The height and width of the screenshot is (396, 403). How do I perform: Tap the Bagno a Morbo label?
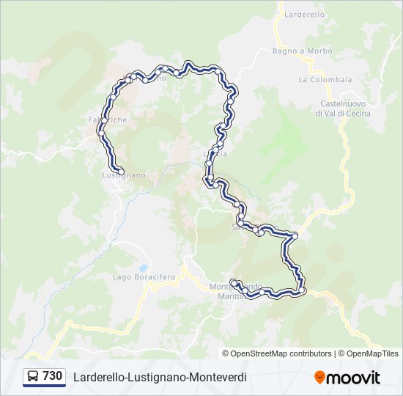302,51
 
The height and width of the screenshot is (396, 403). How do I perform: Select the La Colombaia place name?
325,79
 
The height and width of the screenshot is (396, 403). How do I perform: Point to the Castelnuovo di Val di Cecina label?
343,109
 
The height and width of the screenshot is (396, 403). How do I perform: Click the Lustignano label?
124,176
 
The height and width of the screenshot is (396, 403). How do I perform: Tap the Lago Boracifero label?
144,277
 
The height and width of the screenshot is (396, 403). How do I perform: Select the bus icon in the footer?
33,377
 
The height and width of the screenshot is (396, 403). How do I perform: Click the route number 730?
52,376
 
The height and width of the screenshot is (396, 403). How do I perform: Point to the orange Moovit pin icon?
319,378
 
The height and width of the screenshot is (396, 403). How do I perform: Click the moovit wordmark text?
354,378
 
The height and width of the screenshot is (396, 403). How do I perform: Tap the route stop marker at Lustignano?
121,172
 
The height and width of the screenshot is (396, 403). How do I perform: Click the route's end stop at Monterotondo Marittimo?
233,282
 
